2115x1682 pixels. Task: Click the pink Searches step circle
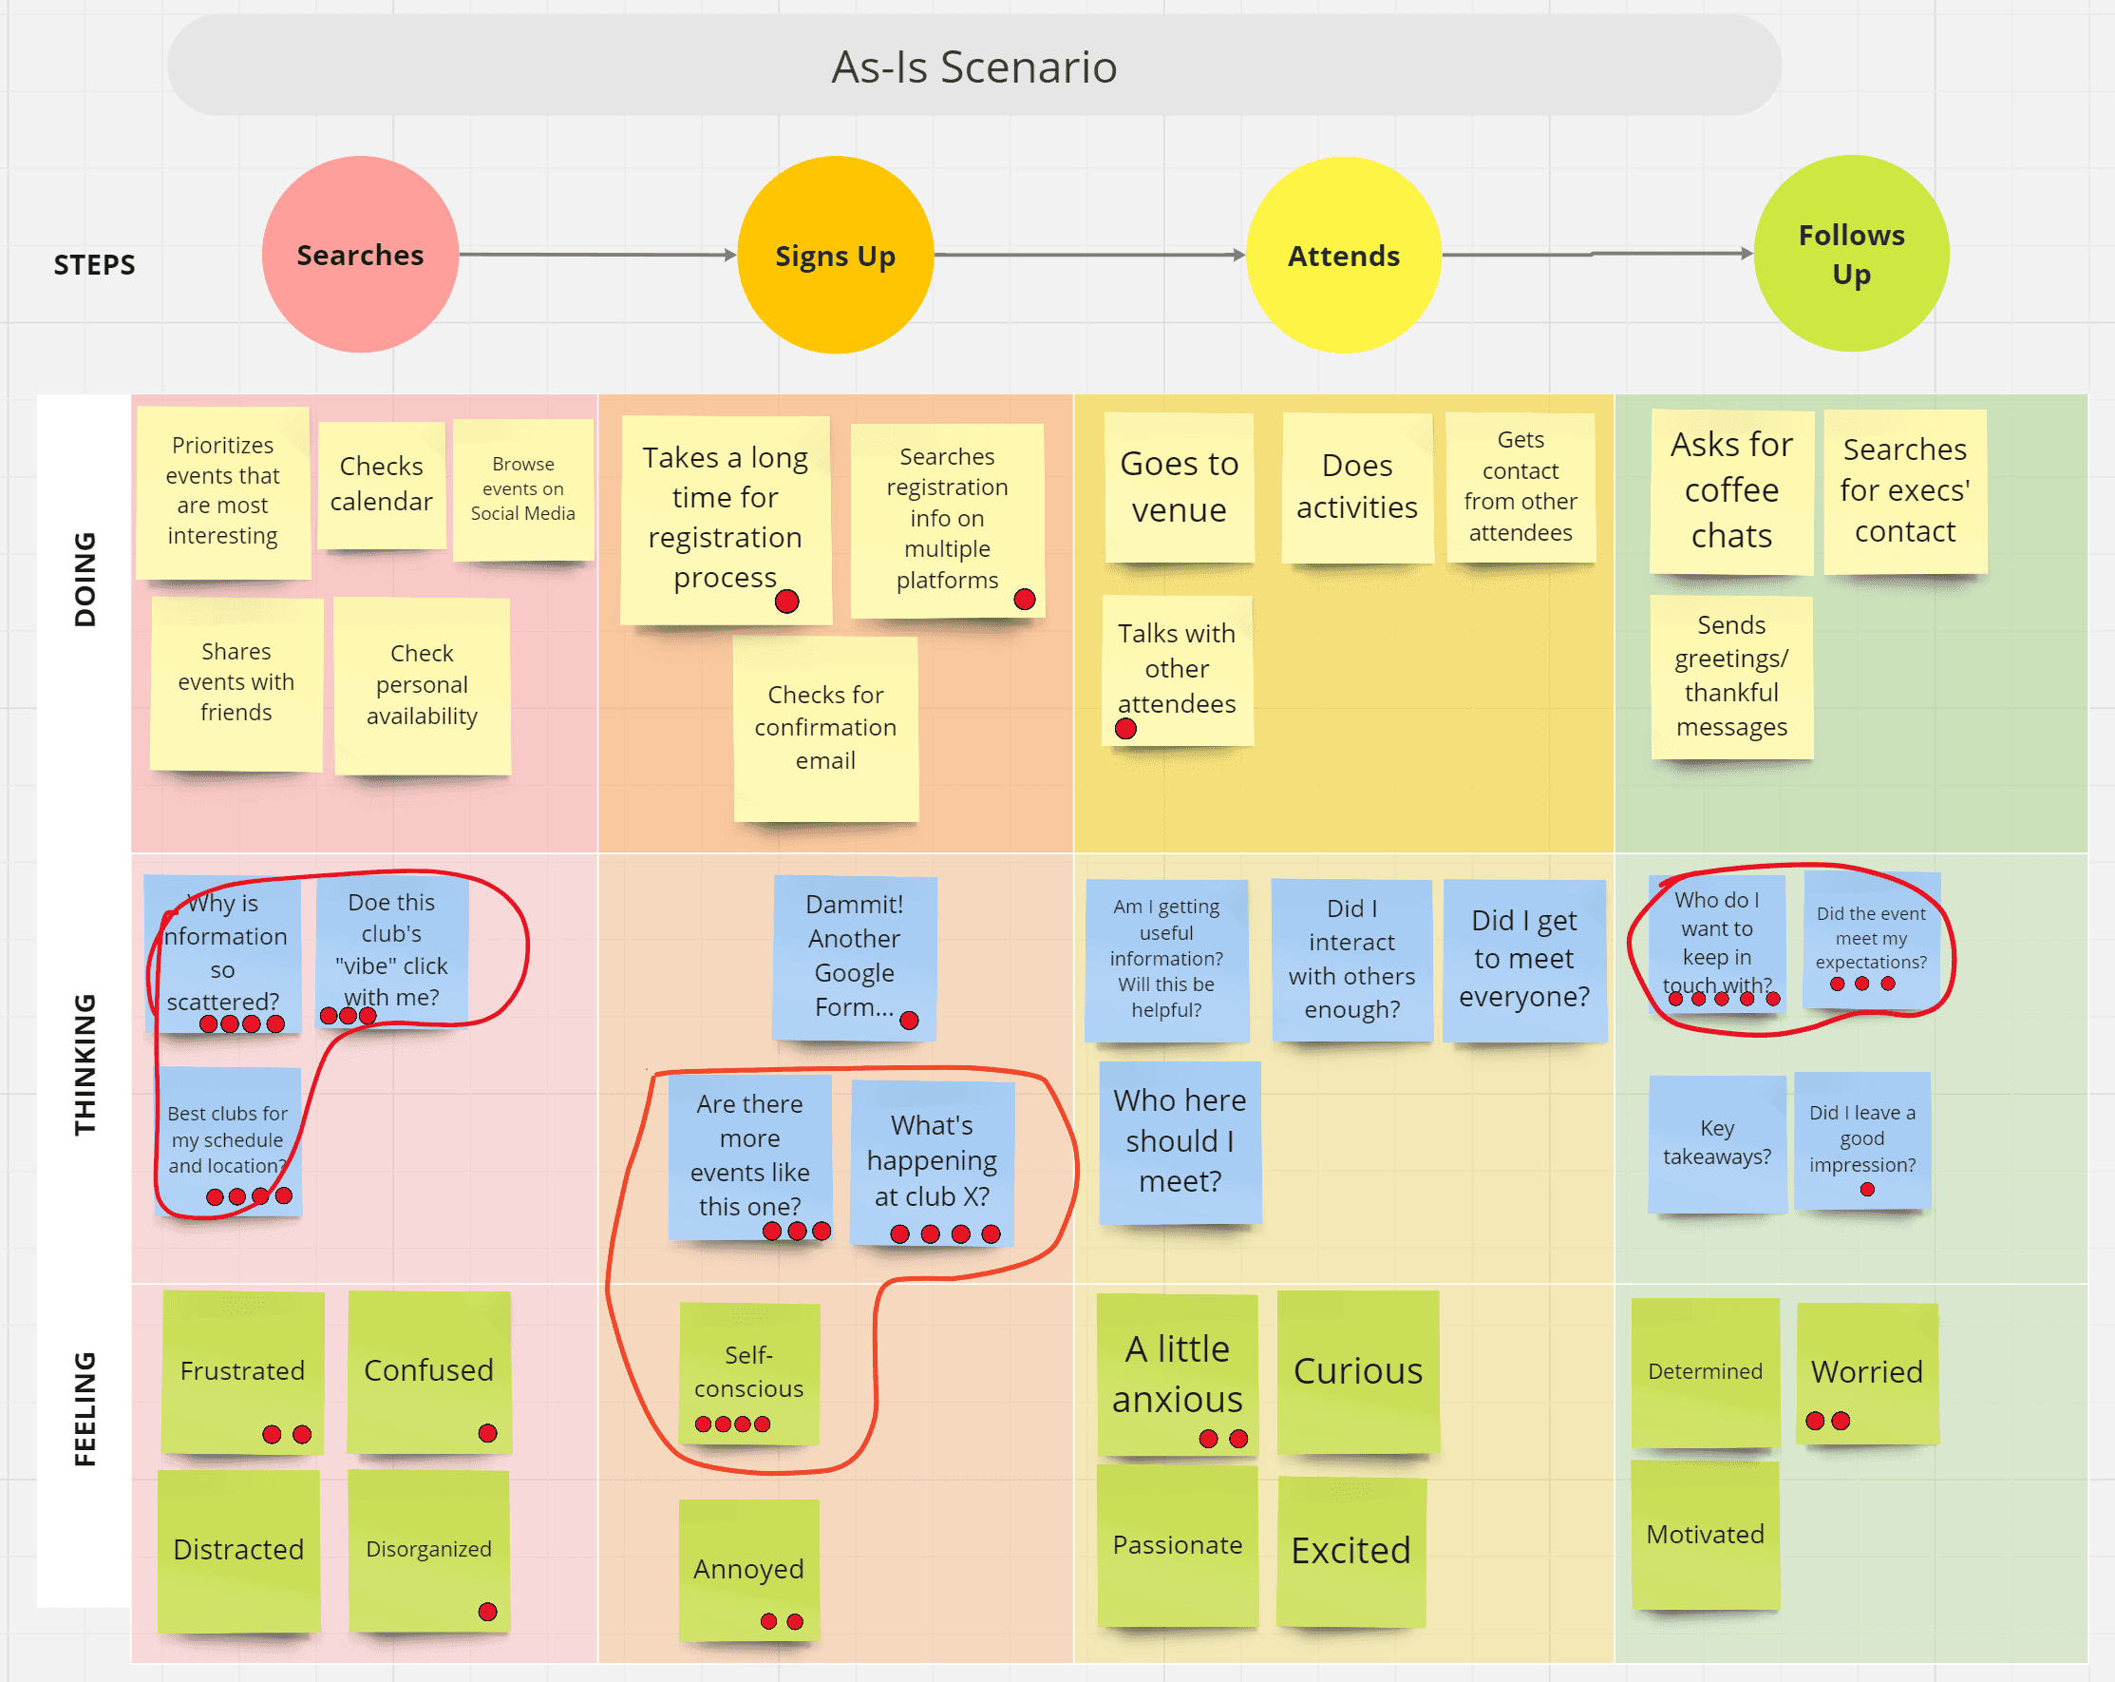[360, 254]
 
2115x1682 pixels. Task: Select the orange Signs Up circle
[835, 255]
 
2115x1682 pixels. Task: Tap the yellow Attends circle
[1343, 255]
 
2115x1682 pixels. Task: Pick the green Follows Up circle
[1851, 253]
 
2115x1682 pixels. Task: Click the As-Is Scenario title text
[974, 67]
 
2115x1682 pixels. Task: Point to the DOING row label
[85, 579]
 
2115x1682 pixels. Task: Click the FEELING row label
[85, 1408]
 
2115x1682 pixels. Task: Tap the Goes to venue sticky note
[1180, 487]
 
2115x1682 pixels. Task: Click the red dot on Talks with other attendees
[1126, 729]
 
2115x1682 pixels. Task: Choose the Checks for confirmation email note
[826, 727]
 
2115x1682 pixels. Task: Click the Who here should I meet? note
[1180, 1140]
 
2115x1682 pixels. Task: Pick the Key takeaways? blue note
[1717, 1142]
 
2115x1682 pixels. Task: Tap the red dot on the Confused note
[487, 1433]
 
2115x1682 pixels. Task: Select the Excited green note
[1350, 1551]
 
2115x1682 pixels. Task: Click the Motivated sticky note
[1705, 1534]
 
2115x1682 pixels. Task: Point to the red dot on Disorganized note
[487, 1612]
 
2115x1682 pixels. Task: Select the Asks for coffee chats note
[1731, 489]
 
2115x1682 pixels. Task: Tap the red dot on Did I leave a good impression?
[1867, 1190]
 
